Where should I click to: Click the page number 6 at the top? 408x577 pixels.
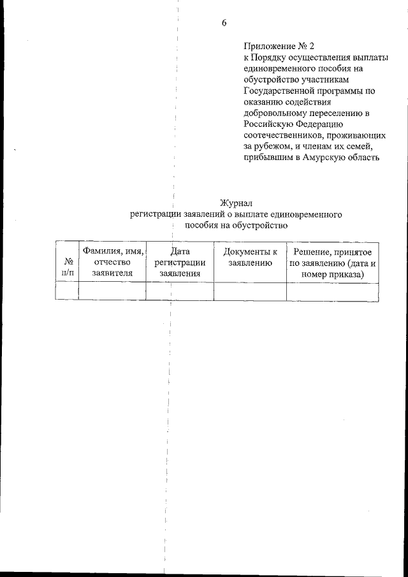coord(224,24)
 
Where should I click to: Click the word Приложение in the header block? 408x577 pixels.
coord(267,47)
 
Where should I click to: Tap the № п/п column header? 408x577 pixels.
coord(67,268)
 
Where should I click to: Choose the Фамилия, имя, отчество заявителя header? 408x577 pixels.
coord(112,262)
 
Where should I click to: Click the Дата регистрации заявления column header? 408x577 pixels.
coord(180,262)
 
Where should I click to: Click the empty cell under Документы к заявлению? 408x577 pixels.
coord(249,291)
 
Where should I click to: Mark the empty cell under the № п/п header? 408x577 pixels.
coord(67,291)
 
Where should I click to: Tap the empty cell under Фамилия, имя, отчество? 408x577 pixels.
coord(112,291)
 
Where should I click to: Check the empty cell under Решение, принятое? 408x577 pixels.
coord(332,291)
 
